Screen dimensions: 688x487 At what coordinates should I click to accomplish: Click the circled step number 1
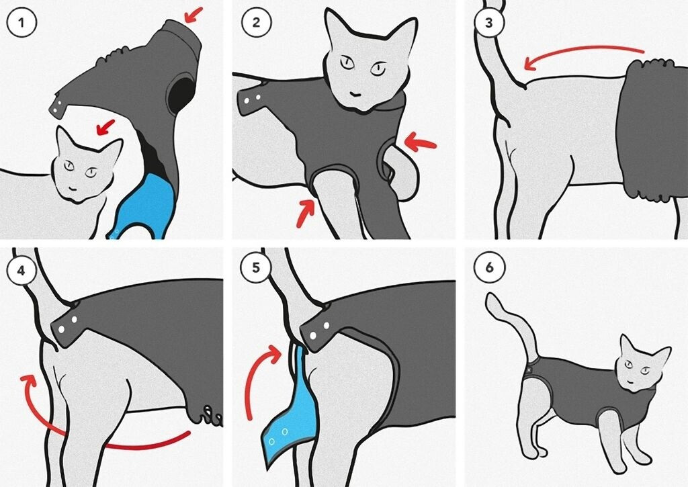[x=21, y=22]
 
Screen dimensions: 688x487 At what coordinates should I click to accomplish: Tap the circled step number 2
[x=256, y=22]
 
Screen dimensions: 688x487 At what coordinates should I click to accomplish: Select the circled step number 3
[x=489, y=22]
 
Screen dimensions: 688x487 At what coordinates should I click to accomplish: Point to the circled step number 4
[x=21, y=270]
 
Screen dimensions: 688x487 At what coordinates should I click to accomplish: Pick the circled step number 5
[x=256, y=267]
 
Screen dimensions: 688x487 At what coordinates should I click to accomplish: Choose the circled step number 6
[x=489, y=267]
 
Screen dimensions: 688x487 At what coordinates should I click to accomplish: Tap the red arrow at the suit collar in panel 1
[x=193, y=14]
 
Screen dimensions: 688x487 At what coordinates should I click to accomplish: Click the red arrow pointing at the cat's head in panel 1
[x=105, y=127]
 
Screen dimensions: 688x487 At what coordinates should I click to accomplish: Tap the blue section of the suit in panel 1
[x=147, y=202]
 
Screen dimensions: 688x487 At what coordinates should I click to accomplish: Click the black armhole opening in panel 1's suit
[x=181, y=93]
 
